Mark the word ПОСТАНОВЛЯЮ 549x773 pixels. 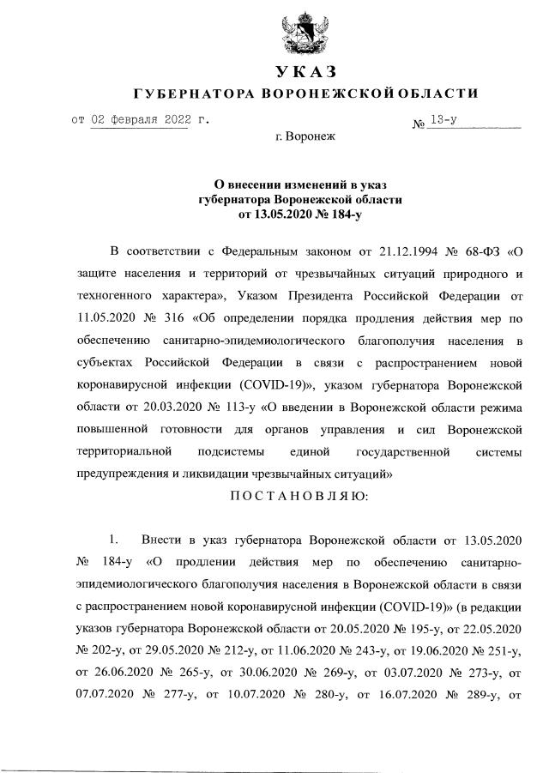coord(306,495)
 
